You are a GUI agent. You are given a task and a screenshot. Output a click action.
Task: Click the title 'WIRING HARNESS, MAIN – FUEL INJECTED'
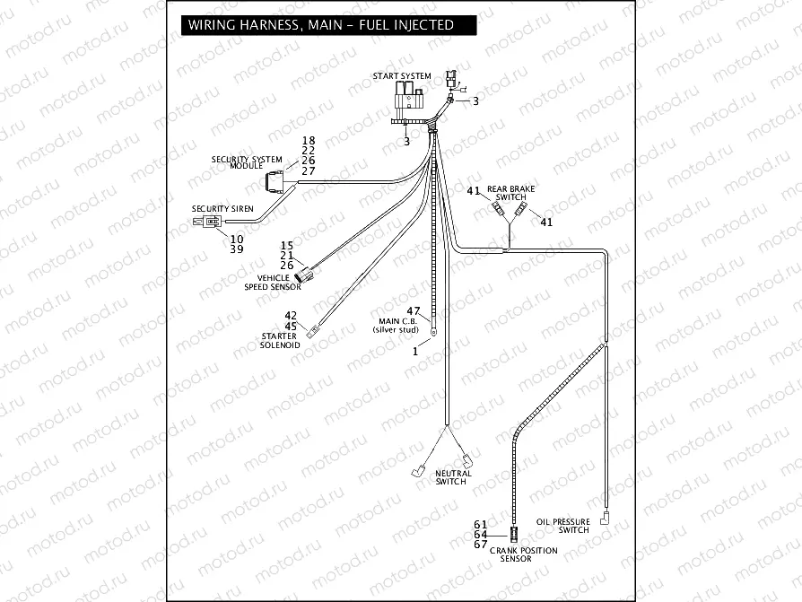(x=320, y=25)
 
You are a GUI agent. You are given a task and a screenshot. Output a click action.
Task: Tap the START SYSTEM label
(x=402, y=76)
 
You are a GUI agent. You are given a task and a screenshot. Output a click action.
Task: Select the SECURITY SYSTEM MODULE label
(x=247, y=162)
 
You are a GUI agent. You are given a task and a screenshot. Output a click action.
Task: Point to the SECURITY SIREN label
(x=222, y=208)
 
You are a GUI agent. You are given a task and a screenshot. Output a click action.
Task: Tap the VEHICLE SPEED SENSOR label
(x=274, y=283)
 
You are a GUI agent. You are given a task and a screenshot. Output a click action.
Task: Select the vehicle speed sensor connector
(x=304, y=273)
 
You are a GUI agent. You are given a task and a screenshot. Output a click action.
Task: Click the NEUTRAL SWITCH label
(x=451, y=477)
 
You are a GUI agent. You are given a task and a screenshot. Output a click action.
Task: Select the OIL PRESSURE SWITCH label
(x=562, y=526)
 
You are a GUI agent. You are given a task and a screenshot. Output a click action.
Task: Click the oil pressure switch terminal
(x=606, y=518)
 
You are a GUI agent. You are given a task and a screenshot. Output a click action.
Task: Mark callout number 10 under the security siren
(x=237, y=240)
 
